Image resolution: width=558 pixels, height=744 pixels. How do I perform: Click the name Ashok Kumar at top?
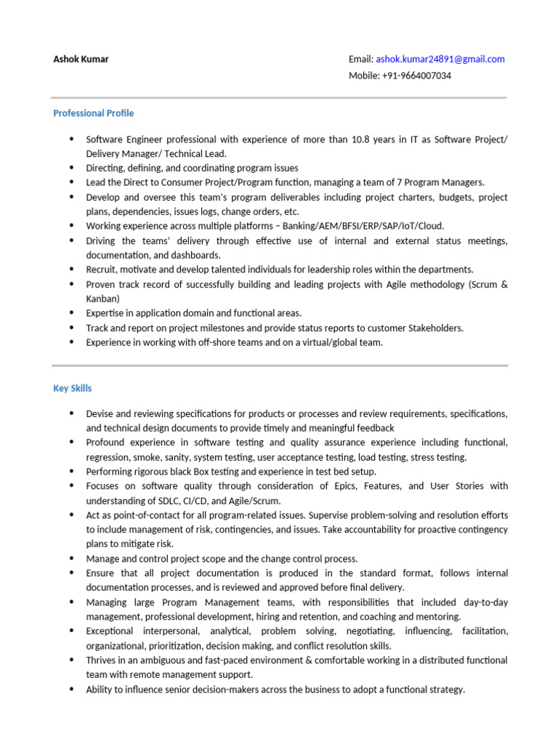81,60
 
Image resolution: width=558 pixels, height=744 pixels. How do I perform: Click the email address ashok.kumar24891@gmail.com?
440,60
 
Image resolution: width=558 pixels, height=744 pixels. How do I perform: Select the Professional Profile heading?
94,113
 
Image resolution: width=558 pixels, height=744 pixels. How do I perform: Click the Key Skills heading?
73,389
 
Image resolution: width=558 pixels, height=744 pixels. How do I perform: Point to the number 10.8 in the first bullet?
361,139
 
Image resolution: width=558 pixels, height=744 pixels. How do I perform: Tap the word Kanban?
102,299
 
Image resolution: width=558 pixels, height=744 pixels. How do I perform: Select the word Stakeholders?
432,328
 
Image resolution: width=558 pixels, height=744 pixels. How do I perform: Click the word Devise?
100,413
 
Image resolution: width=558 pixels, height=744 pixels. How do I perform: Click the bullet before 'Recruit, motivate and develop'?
71,269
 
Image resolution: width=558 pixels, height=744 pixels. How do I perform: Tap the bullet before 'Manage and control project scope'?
71,558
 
